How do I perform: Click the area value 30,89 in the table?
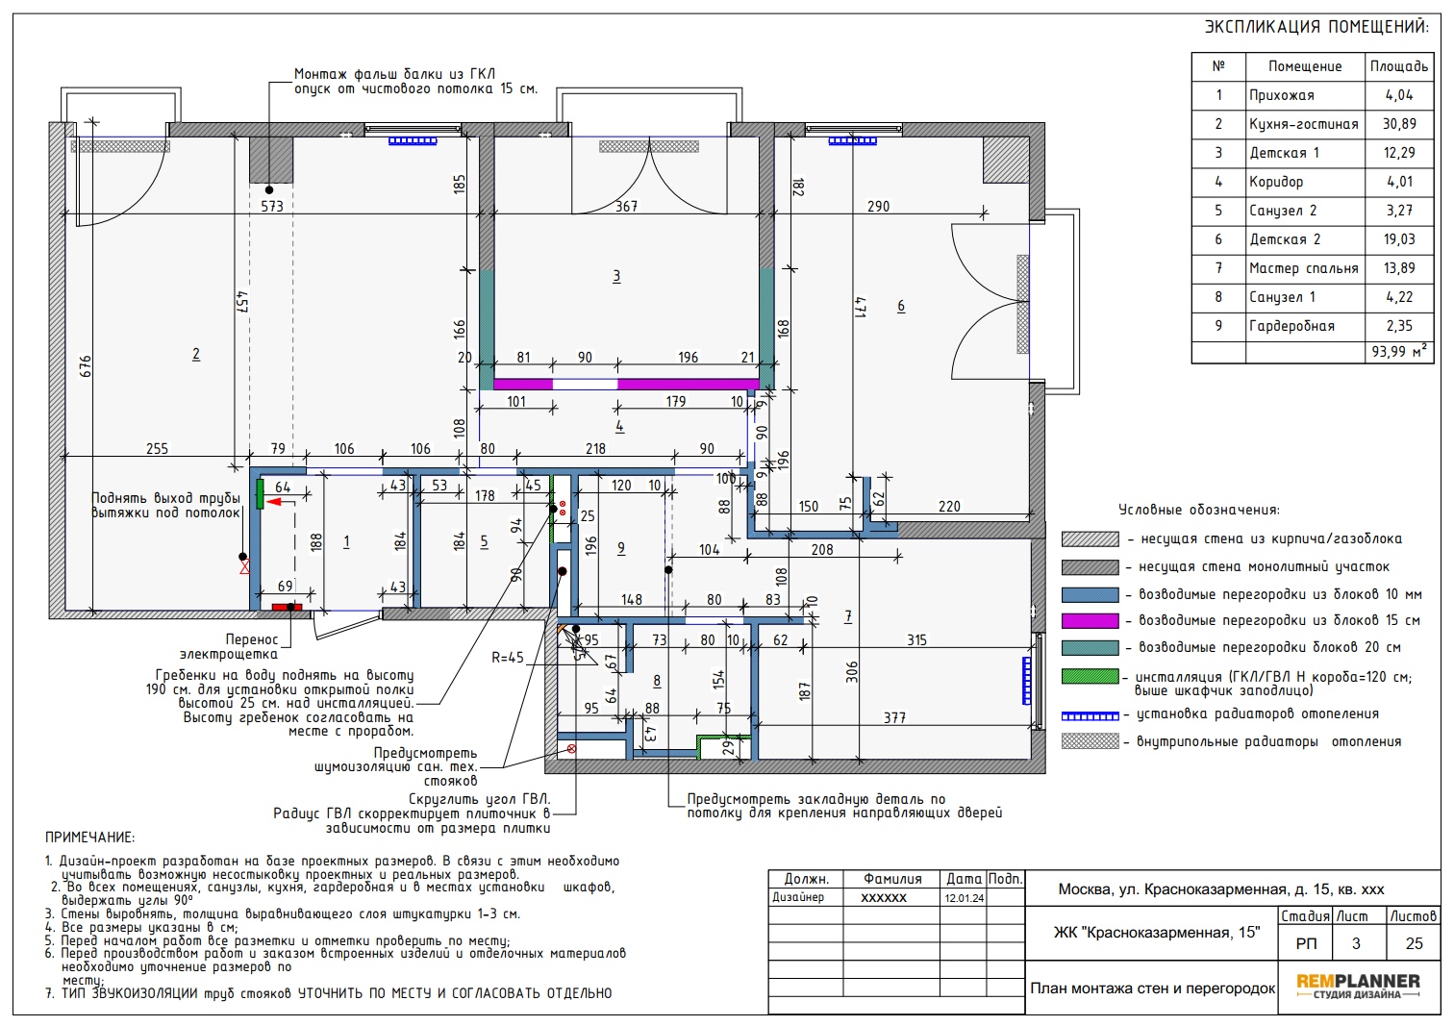pos(1399,124)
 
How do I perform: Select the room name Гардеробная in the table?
pos(1291,326)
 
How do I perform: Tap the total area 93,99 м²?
pos(1399,351)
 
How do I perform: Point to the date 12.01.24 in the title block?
pos(964,898)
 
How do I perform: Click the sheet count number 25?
pos(1414,943)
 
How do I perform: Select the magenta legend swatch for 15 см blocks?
pos(1090,621)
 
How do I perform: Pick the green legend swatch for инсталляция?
pos(1090,676)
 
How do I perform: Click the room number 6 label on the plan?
pos(901,306)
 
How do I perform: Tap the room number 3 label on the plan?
pos(616,277)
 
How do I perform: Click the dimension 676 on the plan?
pos(85,366)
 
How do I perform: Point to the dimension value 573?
pos(272,207)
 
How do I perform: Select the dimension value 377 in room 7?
pos(894,717)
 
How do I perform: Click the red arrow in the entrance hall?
pos(278,502)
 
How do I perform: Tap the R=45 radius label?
pos(508,658)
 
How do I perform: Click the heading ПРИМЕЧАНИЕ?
pos(89,838)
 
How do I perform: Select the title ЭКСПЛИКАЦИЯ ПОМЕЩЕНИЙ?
pos(1317,27)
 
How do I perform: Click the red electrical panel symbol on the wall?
pos(287,608)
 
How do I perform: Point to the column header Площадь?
pos(1399,66)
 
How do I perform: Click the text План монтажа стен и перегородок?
pos(1153,988)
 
